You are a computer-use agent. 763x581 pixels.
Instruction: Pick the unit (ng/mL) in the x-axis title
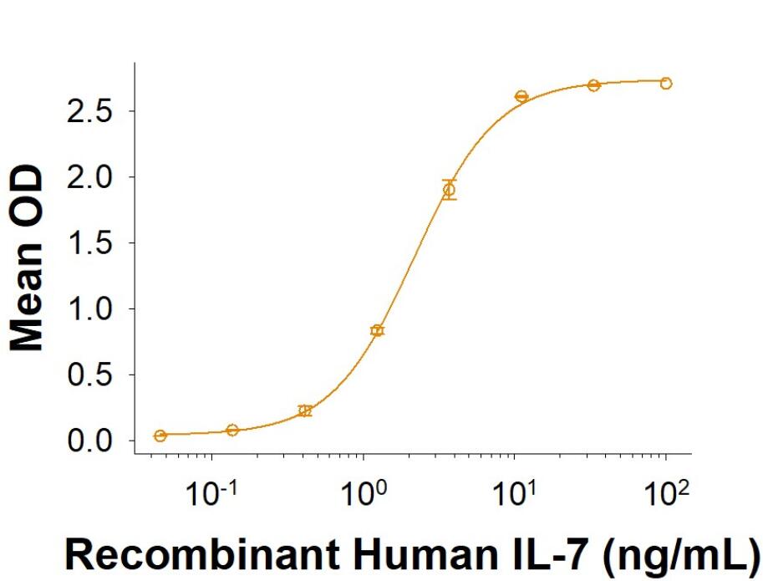tap(684, 553)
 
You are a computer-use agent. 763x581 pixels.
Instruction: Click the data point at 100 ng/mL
tap(666, 83)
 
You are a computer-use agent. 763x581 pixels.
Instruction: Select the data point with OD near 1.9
tap(450, 190)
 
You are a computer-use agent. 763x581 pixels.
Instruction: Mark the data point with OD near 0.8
tap(377, 331)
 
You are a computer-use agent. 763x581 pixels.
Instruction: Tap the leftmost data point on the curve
tap(160, 436)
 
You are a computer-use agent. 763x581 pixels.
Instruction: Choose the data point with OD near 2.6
tap(521, 97)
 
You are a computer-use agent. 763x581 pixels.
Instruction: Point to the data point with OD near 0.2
tap(305, 410)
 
